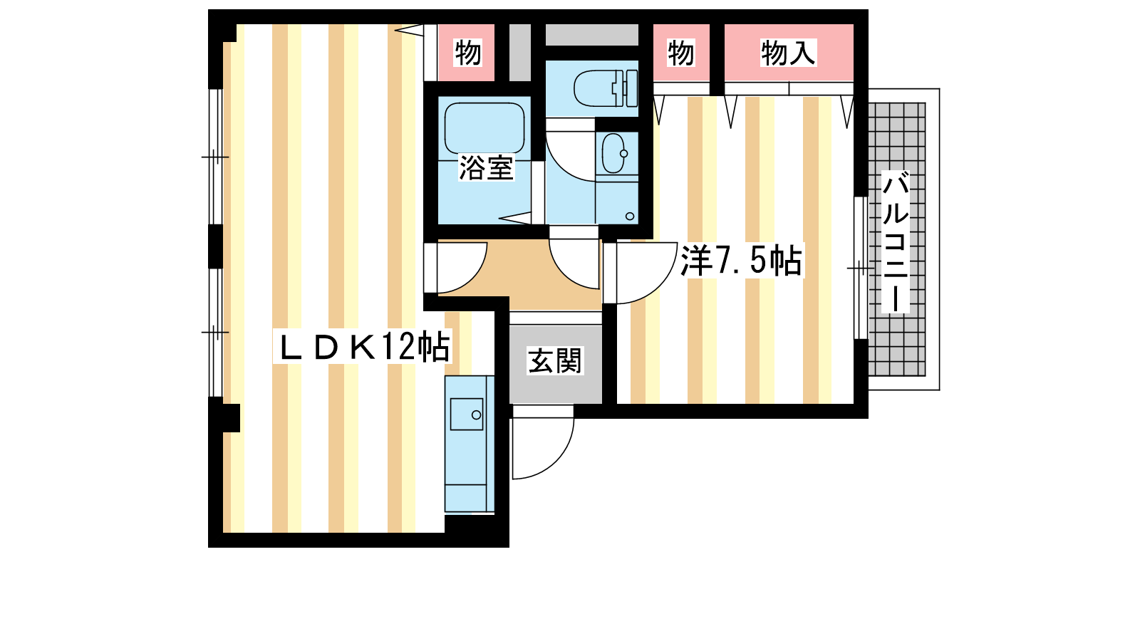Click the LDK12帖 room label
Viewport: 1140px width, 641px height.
[363, 347]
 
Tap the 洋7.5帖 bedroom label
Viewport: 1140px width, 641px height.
[741, 261]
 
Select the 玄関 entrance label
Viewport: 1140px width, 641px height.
[554, 360]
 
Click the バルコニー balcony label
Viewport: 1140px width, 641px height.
[895, 242]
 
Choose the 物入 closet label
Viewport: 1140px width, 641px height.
[788, 53]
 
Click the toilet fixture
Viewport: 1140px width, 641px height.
[605, 88]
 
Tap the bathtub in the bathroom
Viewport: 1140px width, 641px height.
[484, 127]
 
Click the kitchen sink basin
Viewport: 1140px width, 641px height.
[467, 414]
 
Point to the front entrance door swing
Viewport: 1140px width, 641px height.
[543, 442]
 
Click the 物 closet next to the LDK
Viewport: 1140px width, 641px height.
[467, 53]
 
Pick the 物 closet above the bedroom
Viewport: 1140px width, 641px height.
[681, 53]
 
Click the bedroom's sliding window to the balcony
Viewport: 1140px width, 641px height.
[861, 268]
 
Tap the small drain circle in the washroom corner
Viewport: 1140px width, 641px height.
[630, 217]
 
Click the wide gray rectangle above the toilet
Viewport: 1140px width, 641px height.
[592, 35]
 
